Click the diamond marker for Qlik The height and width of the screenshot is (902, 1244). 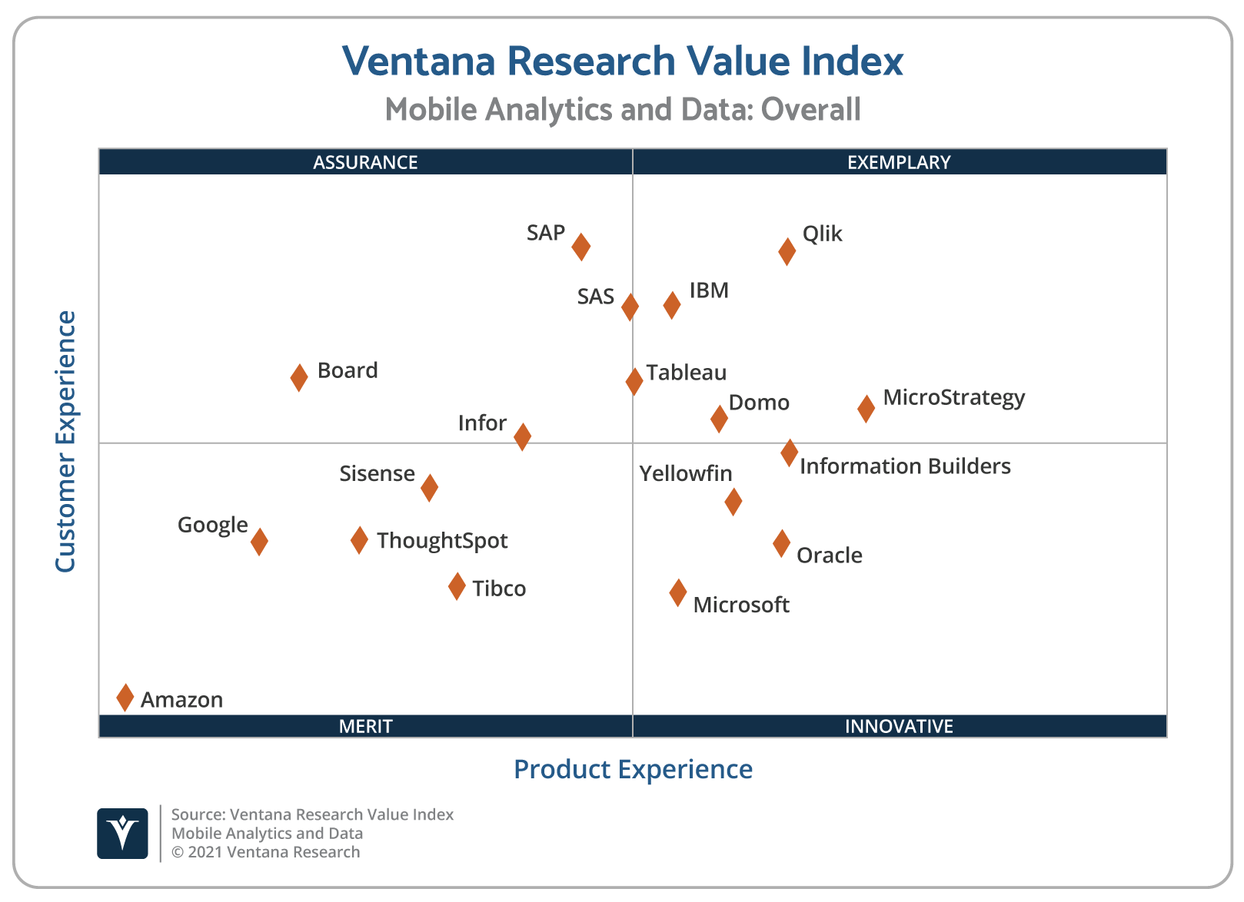coord(787,251)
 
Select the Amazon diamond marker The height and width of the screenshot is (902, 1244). coord(125,698)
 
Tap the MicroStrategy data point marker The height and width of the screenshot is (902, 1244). coord(866,408)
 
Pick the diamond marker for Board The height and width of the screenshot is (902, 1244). coord(299,377)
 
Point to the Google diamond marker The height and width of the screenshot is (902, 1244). coord(259,541)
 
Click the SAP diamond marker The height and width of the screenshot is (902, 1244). coord(581,247)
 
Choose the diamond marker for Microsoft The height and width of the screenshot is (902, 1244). coord(677,592)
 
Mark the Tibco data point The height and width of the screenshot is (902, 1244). coord(457,586)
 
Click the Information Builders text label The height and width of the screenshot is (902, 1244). coord(905,466)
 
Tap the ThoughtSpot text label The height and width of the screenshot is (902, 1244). coord(442,541)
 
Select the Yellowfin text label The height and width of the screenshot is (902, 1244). coord(686,474)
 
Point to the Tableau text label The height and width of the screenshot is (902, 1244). coord(687,373)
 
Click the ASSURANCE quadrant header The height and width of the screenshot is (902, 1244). coord(365,162)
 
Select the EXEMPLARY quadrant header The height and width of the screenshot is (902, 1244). coord(899,162)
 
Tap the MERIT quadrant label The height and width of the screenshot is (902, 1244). coord(365,726)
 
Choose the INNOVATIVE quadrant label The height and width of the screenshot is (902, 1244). coord(899,726)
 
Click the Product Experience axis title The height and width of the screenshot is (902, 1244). coord(633,769)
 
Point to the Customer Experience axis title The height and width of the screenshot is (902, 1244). coord(65,442)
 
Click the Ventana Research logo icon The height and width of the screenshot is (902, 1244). coord(122,834)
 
